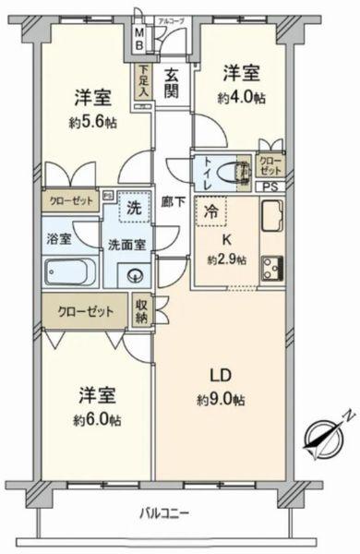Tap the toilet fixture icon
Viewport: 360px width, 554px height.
(x=240, y=174)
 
